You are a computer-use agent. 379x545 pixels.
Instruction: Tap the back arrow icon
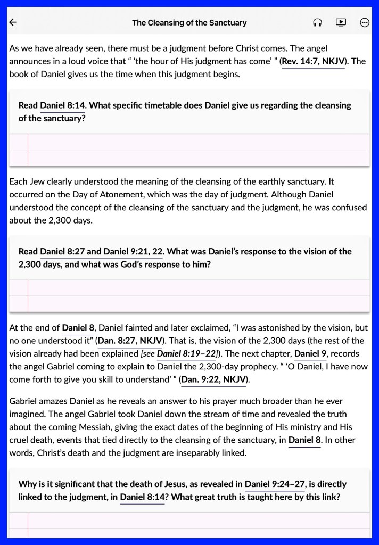[x=13, y=22]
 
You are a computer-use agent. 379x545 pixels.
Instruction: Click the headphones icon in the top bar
[x=318, y=22]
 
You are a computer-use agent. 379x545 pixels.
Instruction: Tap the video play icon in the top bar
[x=341, y=22]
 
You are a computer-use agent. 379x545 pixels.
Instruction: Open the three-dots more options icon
[x=365, y=22]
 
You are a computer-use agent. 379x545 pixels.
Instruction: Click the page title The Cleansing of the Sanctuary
[x=189, y=23]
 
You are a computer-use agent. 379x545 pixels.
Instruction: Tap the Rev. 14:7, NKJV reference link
[x=313, y=61]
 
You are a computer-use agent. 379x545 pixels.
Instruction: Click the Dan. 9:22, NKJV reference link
[x=213, y=379]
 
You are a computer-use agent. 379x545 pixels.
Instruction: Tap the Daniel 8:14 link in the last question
[x=142, y=497]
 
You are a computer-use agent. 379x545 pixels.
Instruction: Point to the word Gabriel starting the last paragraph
[x=25, y=401]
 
